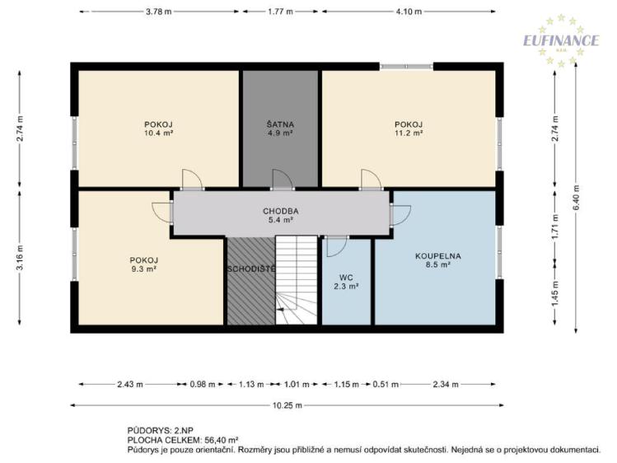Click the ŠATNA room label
click(280, 124)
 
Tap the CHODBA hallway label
click(281, 211)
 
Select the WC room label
click(346, 278)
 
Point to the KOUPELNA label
click(438, 256)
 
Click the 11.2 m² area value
click(409, 133)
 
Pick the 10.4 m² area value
click(159, 133)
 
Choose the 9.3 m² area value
click(144, 269)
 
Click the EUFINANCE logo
click(561, 40)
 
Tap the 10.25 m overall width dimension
click(287, 405)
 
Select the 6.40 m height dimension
click(576, 198)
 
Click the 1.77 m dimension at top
click(280, 12)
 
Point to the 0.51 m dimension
click(386, 385)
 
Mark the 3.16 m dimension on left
click(20, 258)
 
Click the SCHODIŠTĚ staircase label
click(251, 269)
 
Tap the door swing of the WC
click(337, 246)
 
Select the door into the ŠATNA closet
click(283, 180)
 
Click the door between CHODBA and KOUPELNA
click(400, 215)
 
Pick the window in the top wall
click(406, 67)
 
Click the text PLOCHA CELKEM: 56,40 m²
click(183, 440)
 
